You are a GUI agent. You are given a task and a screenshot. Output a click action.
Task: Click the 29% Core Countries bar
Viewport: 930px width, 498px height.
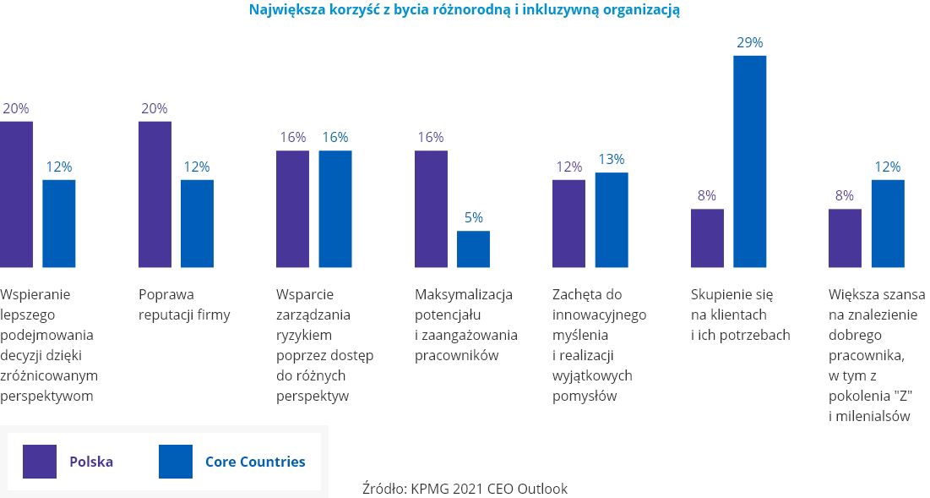pyautogui.click(x=749, y=161)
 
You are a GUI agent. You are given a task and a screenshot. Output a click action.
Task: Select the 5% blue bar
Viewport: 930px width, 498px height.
pyautogui.click(x=473, y=249)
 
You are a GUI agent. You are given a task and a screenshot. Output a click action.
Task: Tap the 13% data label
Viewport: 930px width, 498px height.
pyautogui.click(x=612, y=159)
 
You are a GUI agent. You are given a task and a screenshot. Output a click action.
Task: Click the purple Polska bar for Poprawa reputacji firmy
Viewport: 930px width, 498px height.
pyautogui.click(x=155, y=194)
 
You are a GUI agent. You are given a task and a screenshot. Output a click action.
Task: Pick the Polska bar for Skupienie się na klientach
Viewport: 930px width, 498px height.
pyautogui.click(x=707, y=238)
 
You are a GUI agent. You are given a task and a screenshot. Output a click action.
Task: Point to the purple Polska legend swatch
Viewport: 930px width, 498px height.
pyautogui.click(x=40, y=462)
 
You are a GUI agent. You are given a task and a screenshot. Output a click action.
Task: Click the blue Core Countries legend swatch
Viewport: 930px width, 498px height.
pyautogui.click(x=176, y=462)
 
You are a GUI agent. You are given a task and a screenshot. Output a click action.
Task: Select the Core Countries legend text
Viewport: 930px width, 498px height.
pyautogui.click(x=255, y=462)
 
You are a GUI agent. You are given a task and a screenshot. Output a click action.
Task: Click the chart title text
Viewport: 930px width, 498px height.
pyautogui.click(x=465, y=10)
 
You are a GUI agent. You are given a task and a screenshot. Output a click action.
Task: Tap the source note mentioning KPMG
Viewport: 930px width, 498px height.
pyautogui.click(x=465, y=488)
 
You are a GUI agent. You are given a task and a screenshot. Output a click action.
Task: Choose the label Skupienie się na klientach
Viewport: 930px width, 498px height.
pyautogui.click(x=740, y=315)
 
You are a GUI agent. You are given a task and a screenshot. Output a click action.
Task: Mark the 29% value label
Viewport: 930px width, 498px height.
pyautogui.click(x=749, y=41)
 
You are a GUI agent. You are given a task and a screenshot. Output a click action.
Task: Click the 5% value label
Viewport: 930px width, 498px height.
pyautogui.click(x=473, y=217)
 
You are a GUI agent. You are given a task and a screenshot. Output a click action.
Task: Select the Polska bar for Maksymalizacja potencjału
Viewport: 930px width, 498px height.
pyautogui.click(x=431, y=209)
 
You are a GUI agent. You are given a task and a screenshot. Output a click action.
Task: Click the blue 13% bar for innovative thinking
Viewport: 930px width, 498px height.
pyautogui.click(x=612, y=220)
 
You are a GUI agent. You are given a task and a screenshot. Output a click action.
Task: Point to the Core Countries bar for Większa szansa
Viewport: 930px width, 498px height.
pyautogui.click(x=888, y=223)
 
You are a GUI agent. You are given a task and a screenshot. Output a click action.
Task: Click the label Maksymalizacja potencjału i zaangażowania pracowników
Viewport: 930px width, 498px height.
pyautogui.click(x=465, y=325)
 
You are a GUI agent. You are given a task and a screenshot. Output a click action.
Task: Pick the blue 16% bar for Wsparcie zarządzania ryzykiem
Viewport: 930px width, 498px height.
pyautogui.click(x=335, y=209)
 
